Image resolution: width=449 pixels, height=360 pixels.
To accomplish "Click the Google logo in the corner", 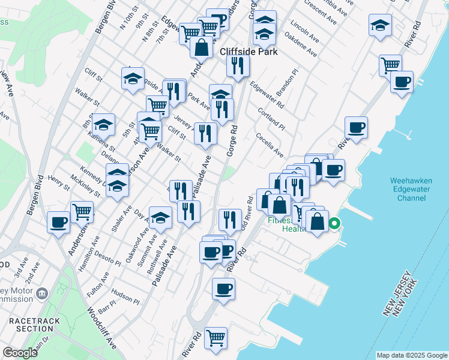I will pyautogui.click(x=20, y=353).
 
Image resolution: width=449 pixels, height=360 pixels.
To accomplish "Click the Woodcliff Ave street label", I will pyautogui.click(x=102, y=329).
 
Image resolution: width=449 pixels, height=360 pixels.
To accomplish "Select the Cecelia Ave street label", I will pyautogui.click(x=270, y=145).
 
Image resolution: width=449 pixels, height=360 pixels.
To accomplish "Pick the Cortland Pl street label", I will pyautogui.click(x=271, y=116).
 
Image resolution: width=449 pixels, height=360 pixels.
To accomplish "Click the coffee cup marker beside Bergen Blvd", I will pyautogui.click(x=58, y=222).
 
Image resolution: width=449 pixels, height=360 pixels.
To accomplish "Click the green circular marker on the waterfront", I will pyautogui.click(x=335, y=225).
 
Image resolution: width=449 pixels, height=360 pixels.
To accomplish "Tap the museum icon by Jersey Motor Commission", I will pyautogui.click(x=41, y=293).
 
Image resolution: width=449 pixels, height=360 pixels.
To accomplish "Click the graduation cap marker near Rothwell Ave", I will pyautogui.click(x=160, y=218).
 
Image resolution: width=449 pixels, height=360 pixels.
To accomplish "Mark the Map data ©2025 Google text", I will pyautogui.click(x=412, y=355).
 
